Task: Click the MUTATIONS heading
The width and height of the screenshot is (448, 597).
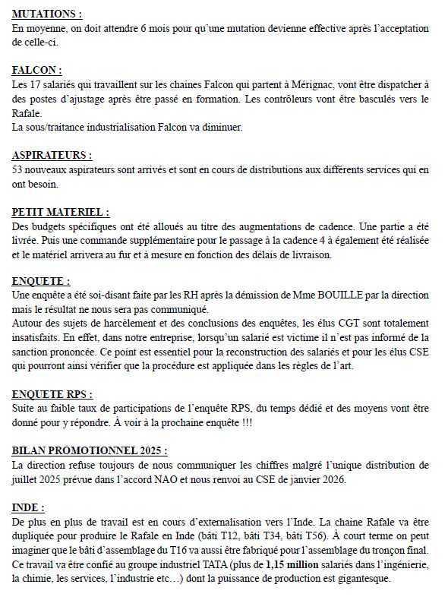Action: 47,14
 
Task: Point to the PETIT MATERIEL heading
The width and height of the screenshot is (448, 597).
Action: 61,212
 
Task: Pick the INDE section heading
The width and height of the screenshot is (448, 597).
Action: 29,507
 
